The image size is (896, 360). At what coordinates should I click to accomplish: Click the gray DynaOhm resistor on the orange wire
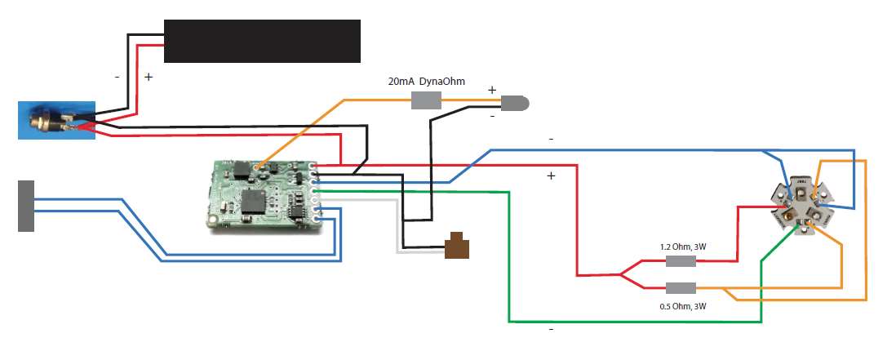coord(425,101)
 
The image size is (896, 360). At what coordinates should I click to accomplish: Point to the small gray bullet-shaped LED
coord(513,104)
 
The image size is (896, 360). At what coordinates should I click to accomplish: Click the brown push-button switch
coord(458,247)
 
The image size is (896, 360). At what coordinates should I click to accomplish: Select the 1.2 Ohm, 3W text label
coord(681,246)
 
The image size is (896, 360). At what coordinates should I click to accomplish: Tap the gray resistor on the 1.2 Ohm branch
coord(681,261)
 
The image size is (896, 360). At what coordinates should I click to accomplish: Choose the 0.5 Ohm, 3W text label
coord(681,306)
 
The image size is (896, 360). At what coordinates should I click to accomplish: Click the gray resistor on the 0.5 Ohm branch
coord(681,287)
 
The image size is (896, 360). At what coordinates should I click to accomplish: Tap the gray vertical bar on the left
coord(26,206)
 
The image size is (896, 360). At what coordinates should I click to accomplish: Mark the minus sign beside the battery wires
coord(118,77)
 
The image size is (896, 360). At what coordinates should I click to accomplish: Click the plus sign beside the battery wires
coord(148,77)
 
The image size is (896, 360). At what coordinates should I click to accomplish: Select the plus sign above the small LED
coord(491,90)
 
